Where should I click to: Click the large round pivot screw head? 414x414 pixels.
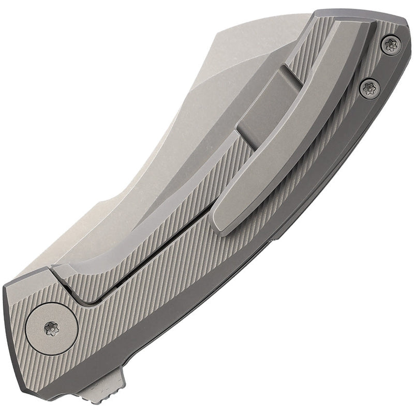51,327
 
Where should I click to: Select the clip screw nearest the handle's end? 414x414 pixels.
391,45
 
